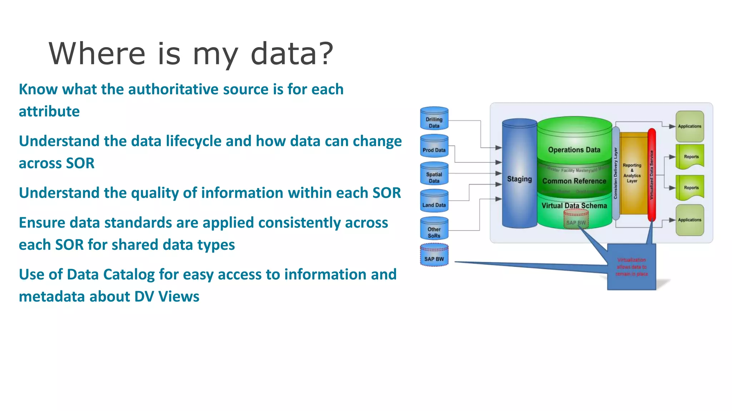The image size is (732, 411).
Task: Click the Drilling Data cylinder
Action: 434,119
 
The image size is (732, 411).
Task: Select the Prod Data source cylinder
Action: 434,146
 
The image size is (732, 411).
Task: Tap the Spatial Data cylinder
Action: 434,174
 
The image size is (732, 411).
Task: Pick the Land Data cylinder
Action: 434,201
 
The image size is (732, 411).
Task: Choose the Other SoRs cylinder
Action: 434,229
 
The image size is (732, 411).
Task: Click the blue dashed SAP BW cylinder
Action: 434,255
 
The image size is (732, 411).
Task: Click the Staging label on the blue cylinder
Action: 519,179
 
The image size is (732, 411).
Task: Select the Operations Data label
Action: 574,150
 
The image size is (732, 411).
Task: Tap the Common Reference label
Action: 574,181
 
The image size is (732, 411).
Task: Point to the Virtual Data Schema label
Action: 574,205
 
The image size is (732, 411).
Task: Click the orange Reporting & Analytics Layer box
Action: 632,173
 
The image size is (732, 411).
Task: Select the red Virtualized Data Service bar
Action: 652,175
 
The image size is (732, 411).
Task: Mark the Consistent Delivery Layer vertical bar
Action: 615,173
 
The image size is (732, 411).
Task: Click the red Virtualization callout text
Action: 632,267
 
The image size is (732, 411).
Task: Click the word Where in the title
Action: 97,54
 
